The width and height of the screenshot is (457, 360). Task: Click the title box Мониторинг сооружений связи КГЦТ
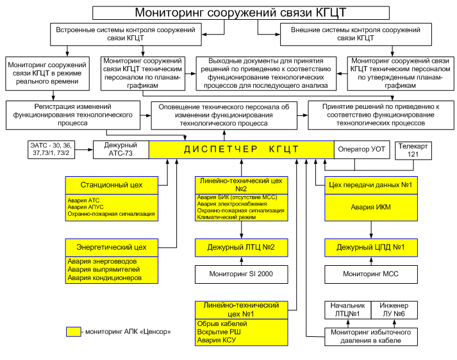coord(241,13)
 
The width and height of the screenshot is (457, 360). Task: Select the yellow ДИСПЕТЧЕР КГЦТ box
coord(242,150)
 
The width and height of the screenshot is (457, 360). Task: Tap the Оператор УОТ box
coord(361,150)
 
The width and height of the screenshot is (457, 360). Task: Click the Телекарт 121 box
coord(413,151)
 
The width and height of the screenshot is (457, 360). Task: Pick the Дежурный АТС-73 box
coord(121,150)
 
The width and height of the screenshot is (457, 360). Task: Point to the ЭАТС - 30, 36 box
coord(51,150)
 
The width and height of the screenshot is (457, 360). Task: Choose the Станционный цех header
coord(112,185)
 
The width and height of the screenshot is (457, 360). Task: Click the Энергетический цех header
coord(112,247)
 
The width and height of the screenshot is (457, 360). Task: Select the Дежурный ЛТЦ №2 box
coord(242,247)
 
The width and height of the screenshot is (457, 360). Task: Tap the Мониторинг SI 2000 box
coord(242,274)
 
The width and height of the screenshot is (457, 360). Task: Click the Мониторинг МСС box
coord(371,274)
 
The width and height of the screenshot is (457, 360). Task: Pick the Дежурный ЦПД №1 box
coord(371,247)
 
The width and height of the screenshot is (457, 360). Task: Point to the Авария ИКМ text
coord(370,207)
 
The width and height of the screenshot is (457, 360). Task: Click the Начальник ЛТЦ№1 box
coord(347,310)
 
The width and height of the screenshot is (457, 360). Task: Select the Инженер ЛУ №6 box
coord(394,310)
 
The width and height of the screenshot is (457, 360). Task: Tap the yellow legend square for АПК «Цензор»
coord(74,332)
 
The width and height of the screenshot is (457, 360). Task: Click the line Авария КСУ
coord(217,340)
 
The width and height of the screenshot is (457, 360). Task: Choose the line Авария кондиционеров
coord(104,278)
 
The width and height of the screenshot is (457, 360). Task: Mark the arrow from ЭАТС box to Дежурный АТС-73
coord(84,150)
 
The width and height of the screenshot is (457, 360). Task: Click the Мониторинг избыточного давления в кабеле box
coord(371,337)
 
